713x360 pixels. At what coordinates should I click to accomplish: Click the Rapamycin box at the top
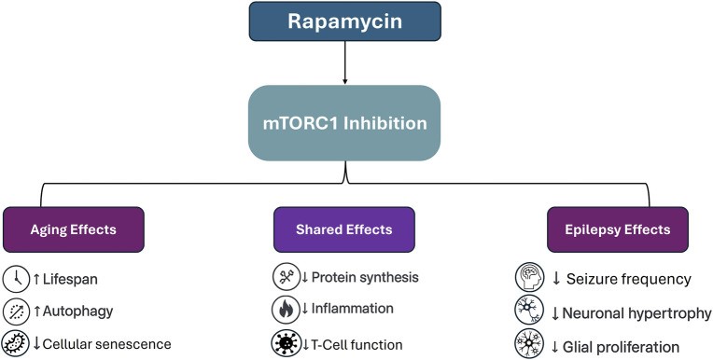(x=345, y=22)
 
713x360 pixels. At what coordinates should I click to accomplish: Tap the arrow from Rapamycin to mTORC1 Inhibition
(x=345, y=64)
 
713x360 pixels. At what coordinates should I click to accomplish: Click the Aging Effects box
(x=73, y=228)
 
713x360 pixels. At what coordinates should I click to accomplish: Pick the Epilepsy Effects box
(x=616, y=228)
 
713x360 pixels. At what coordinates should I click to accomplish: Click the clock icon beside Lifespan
(x=16, y=279)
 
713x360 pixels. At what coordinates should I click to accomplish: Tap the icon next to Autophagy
(x=16, y=312)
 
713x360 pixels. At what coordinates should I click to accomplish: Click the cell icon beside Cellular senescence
(x=16, y=343)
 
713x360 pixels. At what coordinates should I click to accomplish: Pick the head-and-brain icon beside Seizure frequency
(x=529, y=279)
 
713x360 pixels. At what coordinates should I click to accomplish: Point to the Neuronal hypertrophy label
(x=638, y=313)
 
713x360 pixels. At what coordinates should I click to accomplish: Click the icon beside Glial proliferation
(x=529, y=346)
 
